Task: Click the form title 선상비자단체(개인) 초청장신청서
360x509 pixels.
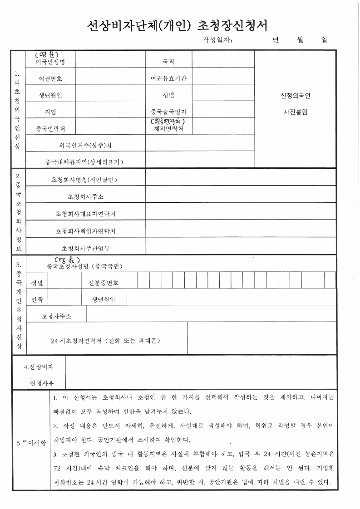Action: click(x=180, y=24)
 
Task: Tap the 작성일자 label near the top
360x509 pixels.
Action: click(x=217, y=40)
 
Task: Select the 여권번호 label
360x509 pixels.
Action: click(x=50, y=78)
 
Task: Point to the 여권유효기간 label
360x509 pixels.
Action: click(x=168, y=78)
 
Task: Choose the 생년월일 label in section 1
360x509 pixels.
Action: click(x=50, y=95)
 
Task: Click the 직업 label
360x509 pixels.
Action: click(x=50, y=112)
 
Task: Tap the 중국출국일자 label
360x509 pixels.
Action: click(x=168, y=112)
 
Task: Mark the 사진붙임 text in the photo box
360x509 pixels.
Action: click(x=295, y=112)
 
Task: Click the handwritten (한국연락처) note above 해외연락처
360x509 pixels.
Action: click(x=168, y=122)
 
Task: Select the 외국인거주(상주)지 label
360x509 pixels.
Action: click(x=85, y=146)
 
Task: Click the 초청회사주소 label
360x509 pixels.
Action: click(x=85, y=196)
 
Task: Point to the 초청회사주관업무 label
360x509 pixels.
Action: click(x=85, y=248)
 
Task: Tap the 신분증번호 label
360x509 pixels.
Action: click(x=103, y=283)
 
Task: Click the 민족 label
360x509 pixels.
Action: click(x=37, y=299)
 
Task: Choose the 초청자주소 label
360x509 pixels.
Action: click(x=56, y=316)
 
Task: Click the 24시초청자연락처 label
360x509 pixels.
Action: click(x=105, y=340)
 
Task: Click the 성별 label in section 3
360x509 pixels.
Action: click(x=37, y=283)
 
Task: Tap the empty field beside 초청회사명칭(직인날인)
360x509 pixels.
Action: click(x=241, y=179)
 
